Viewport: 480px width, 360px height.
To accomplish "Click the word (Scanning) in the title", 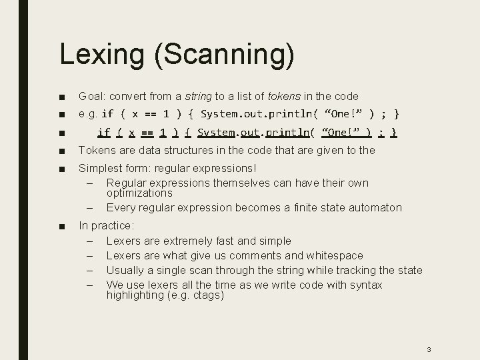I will click(x=225, y=55).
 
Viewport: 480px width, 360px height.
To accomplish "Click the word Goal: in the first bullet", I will click(x=93, y=96).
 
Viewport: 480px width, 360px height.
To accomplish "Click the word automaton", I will click(x=373, y=207).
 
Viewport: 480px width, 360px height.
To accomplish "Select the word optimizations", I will click(x=139, y=193).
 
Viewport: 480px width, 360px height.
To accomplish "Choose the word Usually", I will click(x=127, y=270).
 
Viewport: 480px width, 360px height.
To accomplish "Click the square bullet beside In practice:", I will click(x=61, y=227).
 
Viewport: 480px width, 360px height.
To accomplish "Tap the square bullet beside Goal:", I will click(x=61, y=97).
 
